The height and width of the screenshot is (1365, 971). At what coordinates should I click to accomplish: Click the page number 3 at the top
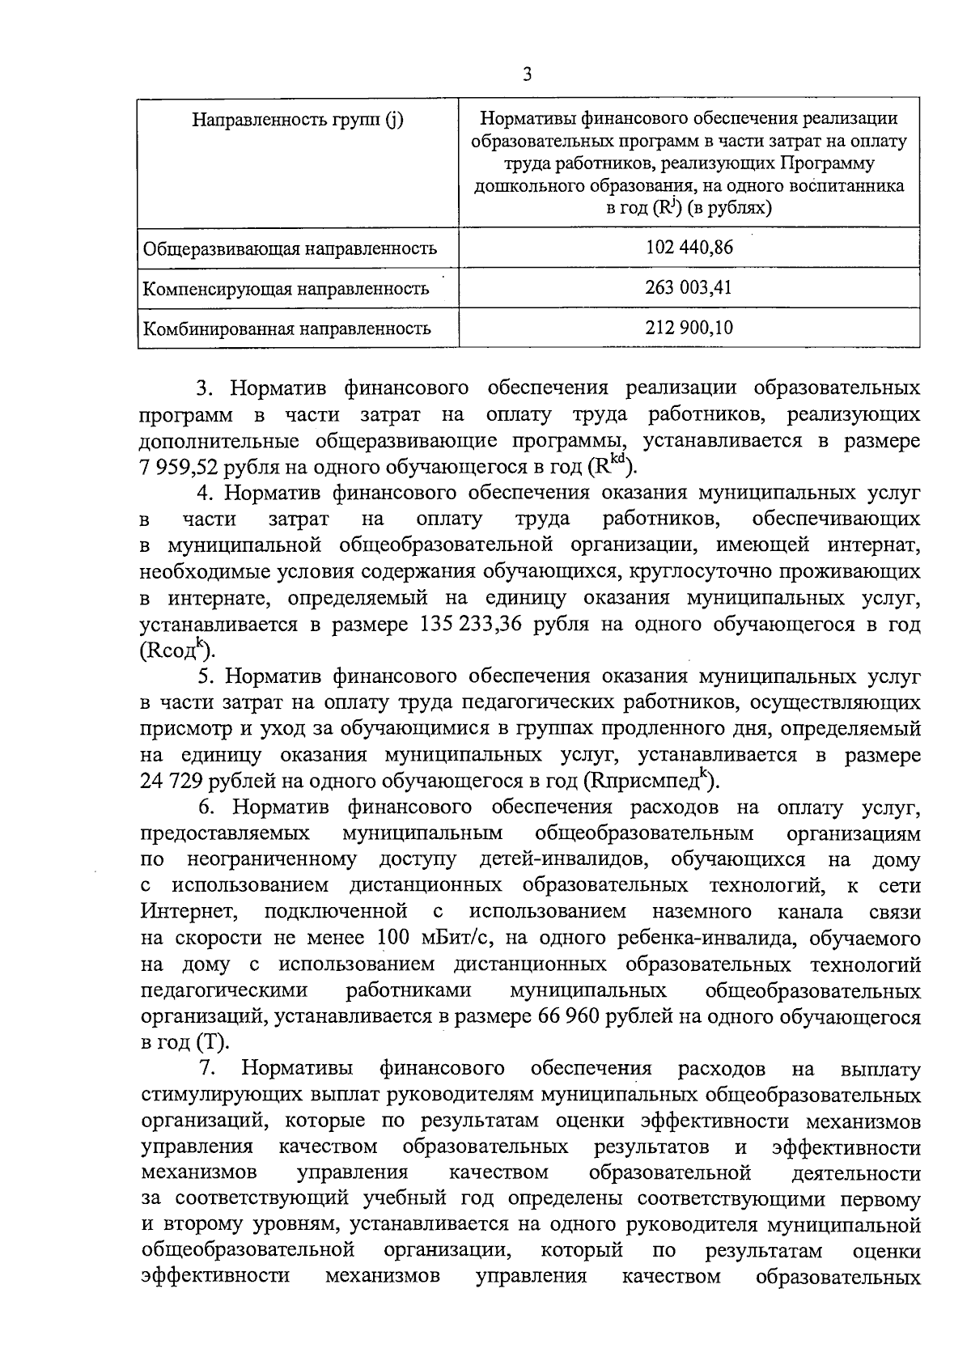527,76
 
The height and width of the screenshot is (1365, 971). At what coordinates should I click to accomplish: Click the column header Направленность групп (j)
297,121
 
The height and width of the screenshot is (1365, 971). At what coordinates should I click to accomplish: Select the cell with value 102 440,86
689,248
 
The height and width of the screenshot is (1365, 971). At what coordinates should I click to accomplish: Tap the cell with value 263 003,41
689,288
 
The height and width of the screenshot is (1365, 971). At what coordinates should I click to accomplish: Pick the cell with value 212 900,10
689,329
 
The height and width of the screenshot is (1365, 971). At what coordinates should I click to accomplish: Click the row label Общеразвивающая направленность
290,248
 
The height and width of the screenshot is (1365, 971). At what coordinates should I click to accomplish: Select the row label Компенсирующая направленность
286,289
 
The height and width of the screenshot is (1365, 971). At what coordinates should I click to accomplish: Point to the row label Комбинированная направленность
286,329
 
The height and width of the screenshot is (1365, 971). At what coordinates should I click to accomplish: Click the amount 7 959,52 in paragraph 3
179,468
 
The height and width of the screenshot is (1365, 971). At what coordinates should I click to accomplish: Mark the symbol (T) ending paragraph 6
212,1043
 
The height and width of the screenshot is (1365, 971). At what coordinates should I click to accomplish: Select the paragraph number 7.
207,1070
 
